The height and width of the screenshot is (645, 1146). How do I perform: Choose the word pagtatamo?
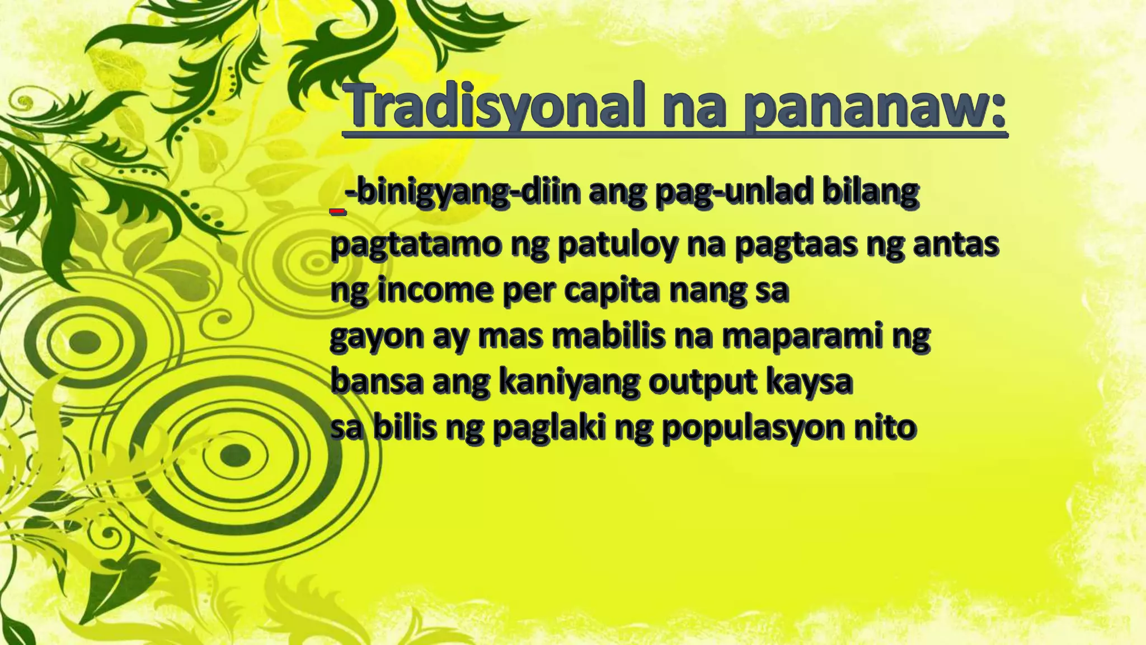[414, 245]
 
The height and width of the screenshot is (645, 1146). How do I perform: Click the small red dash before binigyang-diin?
[337, 212]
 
